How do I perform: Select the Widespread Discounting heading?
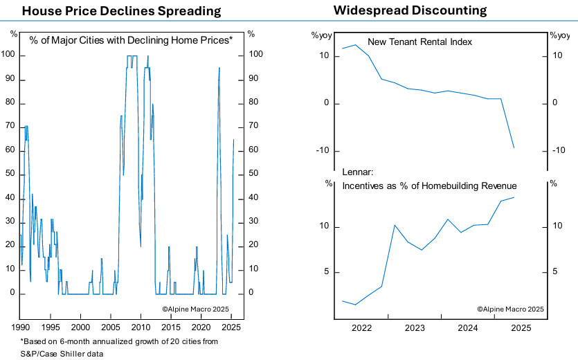(410, 10)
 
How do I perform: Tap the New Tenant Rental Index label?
(419, 42)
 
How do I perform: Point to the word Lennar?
(358, 172)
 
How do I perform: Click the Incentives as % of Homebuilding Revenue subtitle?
(430, 186)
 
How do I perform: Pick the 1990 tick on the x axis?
(20, 326)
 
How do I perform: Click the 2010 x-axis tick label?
(141, 326)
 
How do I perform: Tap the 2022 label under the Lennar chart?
(361, 327)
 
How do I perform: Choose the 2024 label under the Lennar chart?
(468, 327)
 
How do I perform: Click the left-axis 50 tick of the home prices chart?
(10, 174)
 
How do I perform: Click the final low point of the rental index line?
(514, 147)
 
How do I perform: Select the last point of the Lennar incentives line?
(514, 197)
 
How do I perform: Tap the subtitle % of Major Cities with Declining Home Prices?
(131, 40)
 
